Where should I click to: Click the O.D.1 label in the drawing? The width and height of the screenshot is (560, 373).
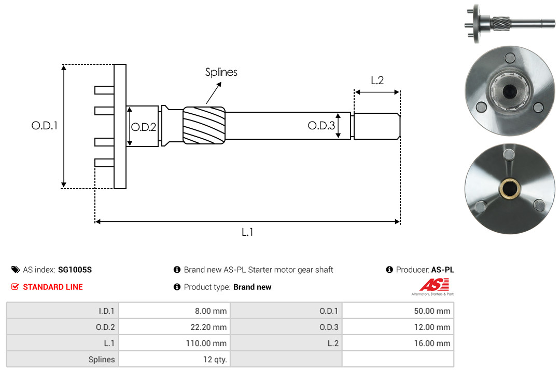[x=44, y=126]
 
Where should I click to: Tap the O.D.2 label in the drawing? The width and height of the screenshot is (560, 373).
[x=144, y=127]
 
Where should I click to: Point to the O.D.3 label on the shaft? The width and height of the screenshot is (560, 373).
[x=321, y=126]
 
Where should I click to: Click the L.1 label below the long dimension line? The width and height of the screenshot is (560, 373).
[x=247, y=232]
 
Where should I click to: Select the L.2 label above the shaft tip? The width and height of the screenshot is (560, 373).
[x=377, y=80]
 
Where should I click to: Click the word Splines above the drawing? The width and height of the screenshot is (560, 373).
[x=221, y=72]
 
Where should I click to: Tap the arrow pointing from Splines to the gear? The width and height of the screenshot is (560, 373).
[x=214, y=92]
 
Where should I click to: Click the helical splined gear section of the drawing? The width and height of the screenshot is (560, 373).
[x=204, y=125]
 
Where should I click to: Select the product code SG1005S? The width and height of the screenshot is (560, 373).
[x=75, y=270]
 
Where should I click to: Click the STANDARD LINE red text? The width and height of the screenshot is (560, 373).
[x=53, y=287]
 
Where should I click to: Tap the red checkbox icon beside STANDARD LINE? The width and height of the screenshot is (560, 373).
[x=15, y=287]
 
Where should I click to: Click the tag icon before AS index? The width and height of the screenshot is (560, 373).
[x=16, y=270]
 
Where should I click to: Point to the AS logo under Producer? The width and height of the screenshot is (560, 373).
[x=433, y=287]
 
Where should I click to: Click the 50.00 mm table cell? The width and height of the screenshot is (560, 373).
[x=398, y=311]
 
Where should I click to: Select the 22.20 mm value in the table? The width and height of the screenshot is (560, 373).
[x=208, y=327]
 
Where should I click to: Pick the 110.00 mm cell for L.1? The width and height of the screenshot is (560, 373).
[x=174, y=343]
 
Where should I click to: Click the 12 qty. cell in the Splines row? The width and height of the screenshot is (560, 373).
[x=174, y=359]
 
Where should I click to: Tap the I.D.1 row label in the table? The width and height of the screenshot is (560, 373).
[x=106, y=311]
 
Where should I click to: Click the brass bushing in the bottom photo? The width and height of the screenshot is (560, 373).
[x=509, y=188]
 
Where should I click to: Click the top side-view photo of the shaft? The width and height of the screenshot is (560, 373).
[x=510, y=23]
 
